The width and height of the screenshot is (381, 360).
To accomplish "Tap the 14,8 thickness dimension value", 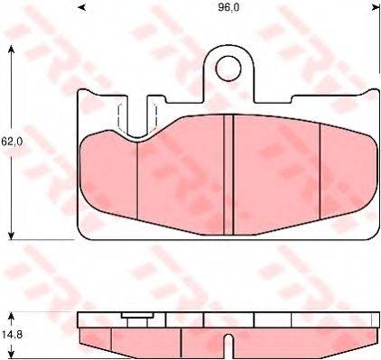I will pyautogui.click(x=9, y=333).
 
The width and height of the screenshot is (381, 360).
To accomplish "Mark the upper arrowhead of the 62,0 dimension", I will pyautogui.click(x=11, y=48).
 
